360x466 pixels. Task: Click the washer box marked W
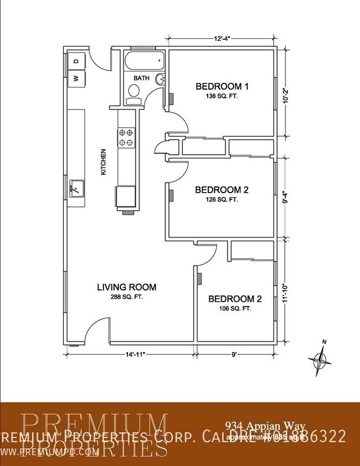tap(76, 78)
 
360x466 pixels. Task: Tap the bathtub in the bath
tap(143, 60)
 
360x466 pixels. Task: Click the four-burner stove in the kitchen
tap(126, 137)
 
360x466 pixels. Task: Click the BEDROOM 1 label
tap(222, 86)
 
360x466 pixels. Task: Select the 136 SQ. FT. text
tap(222, 96)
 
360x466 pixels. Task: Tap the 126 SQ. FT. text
tap(222, 199)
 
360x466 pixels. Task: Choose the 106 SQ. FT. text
tap(234, 309)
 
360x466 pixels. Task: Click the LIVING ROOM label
tap(126, 287)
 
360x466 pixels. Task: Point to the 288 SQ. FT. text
tap(126, 297)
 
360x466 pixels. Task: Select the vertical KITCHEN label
tap(102, 162)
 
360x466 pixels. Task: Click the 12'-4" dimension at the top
tap(222, 38)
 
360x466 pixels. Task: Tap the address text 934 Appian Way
tap(256, 425)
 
